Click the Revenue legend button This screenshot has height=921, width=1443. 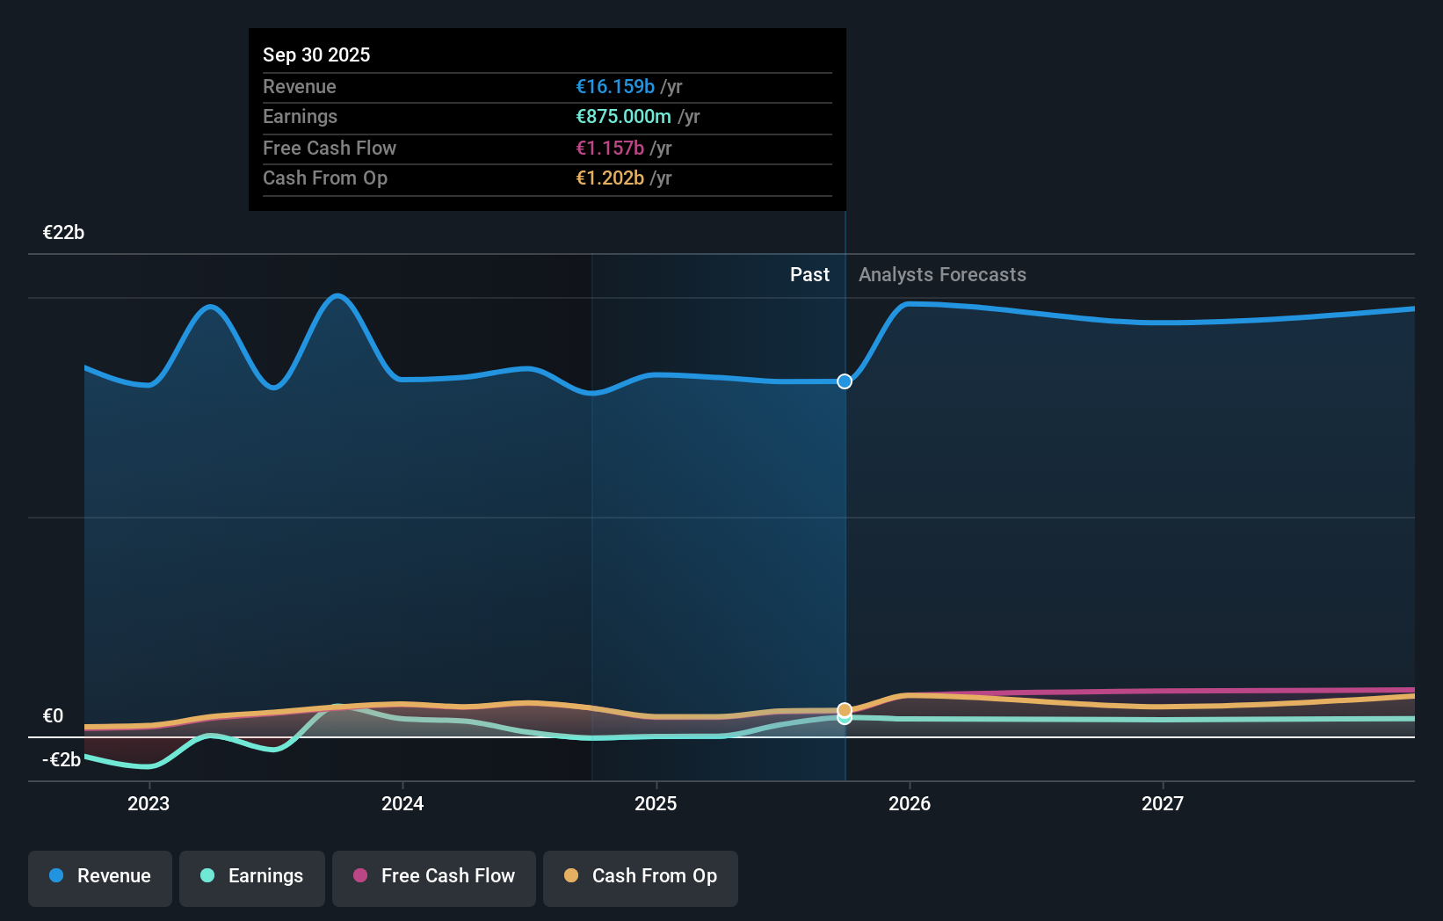click(100, 877)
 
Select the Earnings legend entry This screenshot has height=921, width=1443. click(252, 877)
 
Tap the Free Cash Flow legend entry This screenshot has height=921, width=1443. click(434, 877)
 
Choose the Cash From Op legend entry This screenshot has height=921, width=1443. click(641, 877)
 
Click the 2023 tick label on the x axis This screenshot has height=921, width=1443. click(149, 804)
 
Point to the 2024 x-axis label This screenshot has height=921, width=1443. click(402, 804)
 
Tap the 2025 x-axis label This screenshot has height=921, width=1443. click(656, 804)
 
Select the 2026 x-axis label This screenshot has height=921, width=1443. click(910, 804)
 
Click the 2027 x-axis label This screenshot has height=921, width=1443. click(1163, 804)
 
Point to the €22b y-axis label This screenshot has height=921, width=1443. click(64, 233)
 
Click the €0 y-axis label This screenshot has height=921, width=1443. click(54, 716)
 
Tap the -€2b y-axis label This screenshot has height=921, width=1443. click(62, 760)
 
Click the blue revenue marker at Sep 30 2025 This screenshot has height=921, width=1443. click(845, 381)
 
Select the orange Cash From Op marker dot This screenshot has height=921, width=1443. click(845, 709)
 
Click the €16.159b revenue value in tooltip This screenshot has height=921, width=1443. click(615, 87)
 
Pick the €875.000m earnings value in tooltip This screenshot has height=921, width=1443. click(623, 117)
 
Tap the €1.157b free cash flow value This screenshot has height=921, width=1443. click(610, 149)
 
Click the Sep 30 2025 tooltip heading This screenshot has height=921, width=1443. click(316, 55)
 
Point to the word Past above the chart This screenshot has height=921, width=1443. click(809, 275)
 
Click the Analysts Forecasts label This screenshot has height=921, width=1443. click(942, 275)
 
